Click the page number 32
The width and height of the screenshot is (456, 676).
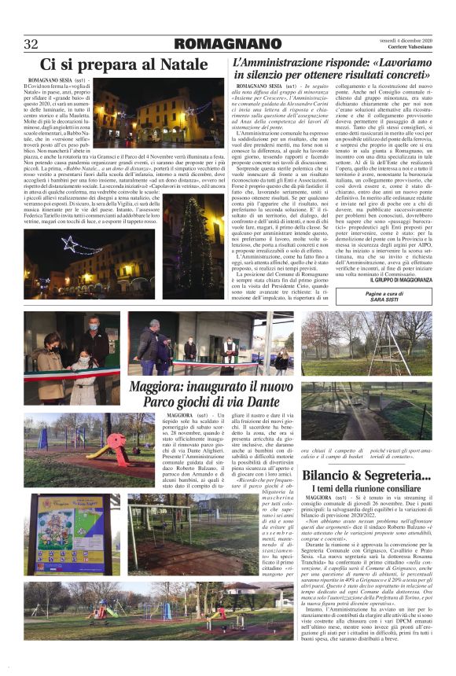pos(31,43)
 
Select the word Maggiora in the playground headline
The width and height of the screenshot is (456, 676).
pos(166,384)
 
